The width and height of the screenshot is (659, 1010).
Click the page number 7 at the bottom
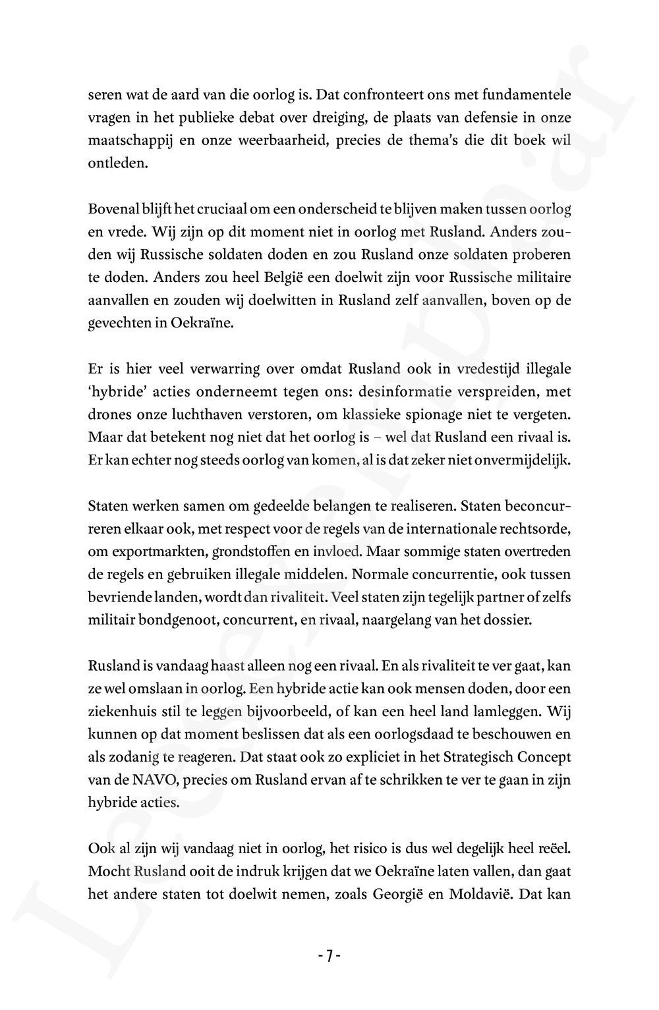[329, 956]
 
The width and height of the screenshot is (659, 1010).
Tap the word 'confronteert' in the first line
[383, 95]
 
